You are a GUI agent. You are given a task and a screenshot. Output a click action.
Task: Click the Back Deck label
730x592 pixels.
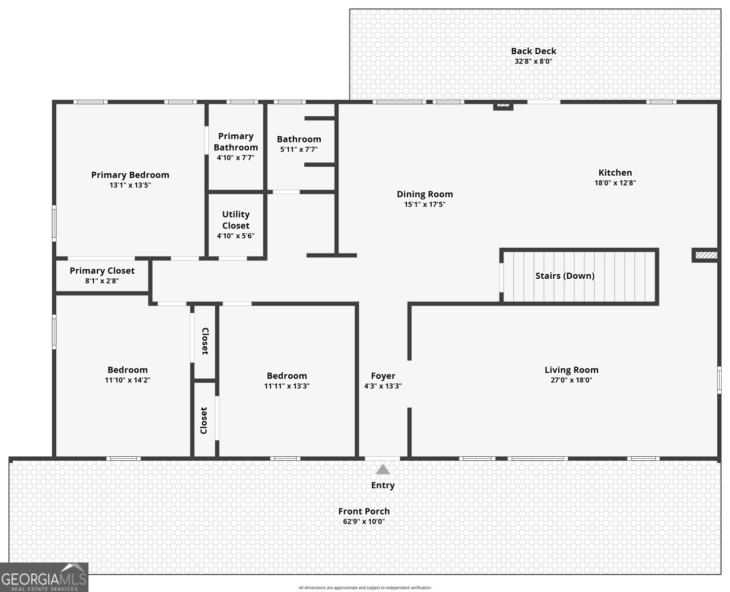point(533,51)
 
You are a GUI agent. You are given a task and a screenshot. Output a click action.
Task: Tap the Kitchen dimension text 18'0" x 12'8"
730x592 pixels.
point(615,183)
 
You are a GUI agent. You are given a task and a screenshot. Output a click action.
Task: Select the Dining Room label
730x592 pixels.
point(424,194)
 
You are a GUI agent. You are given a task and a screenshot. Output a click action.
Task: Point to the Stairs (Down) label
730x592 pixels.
point(565,276)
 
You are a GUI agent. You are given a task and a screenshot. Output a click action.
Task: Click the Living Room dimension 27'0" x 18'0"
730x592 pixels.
point(571,380)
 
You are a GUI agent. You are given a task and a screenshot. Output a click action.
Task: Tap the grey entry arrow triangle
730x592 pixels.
point(383,469)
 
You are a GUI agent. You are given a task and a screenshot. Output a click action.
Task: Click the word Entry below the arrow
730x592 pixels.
point(383,485)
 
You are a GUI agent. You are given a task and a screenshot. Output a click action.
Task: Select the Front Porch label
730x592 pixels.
point(364,512)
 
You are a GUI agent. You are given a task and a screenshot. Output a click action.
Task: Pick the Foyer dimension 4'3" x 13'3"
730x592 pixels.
point(383,386)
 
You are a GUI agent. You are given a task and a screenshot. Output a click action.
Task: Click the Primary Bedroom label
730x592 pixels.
point(130,175)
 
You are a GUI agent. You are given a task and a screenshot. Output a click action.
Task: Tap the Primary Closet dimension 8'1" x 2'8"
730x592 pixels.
point(102,281)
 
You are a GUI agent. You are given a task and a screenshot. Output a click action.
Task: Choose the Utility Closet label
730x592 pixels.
point(235,220)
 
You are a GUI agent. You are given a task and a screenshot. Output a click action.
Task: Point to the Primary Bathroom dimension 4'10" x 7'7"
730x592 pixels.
point(235,158)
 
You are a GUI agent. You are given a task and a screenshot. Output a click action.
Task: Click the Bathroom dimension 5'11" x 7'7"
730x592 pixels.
point(299,149)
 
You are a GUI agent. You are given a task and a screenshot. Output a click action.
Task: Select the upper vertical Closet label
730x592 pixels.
point(205,341)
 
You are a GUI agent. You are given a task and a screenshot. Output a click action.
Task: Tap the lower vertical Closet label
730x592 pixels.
point(204,420)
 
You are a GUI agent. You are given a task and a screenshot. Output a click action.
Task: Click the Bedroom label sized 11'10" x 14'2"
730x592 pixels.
point(127,370)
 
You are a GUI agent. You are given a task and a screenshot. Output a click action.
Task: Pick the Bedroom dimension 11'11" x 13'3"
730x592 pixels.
point(287,386)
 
